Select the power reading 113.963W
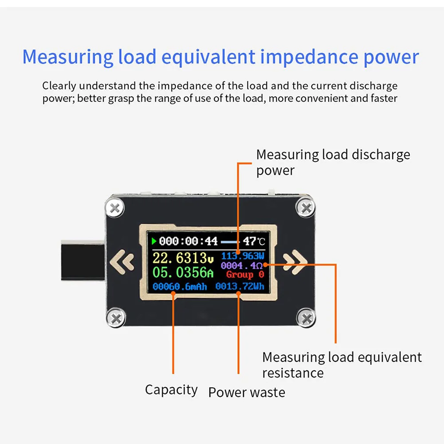pyautogui.click(x=242, y=255)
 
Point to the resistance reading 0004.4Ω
pyautogui.click(x=242, y=265)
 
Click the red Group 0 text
pyautogui.click(x=245, y=275)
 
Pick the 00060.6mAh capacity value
pyautogui.click(x=180, y=287)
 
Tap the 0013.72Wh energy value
pyautogui.click(x=240, y=287)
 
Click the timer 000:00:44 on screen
pyautogui.click(x=188, y=241)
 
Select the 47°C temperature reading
pyautogui.click(x=254, y=241)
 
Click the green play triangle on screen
pyautogui.click(x=154, y=241)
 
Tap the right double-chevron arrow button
pyautogui.click(x=294, y=262)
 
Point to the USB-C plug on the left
pyautogui.click(x=82, y=263)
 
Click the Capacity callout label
pyautogui.click(x=171, y=390)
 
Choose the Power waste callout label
pyautogui.click(x=247, y=392)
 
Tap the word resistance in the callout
pyautogui.click(x=293, y=373)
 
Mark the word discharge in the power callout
pyautogui.click(x=381, y=155)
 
